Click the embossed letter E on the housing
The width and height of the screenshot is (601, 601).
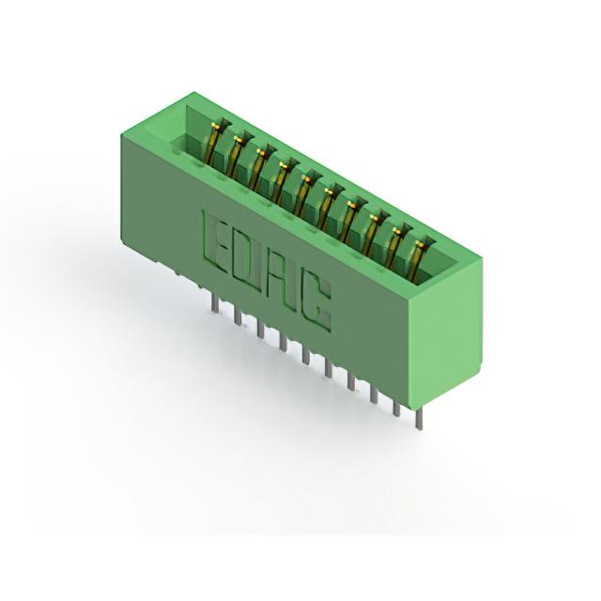(215, 241)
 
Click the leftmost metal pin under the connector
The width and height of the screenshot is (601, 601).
(215, 308)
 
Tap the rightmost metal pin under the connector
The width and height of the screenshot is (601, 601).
(419, 419)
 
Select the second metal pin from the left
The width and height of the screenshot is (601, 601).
(238, 316)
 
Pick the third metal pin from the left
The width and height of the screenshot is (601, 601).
(261, 329)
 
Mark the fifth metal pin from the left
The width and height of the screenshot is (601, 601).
(306, 354)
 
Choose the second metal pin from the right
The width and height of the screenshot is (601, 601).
(396, 408)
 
